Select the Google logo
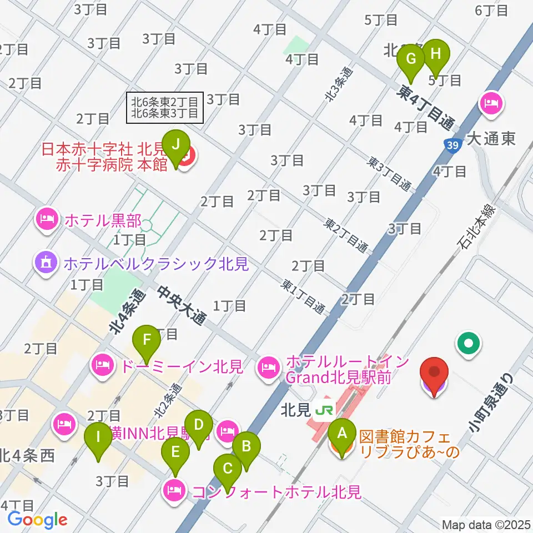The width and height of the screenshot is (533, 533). pos(37,520)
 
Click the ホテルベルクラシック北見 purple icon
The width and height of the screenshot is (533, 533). pos(47,262)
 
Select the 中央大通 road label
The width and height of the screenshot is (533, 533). pos(182,306)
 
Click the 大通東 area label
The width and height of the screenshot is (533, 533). pos(491,138)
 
